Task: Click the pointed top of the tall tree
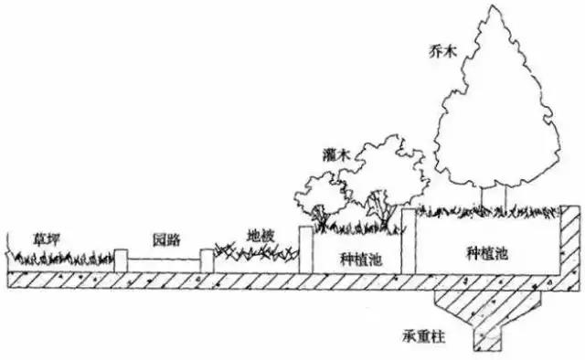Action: tap(493, 11)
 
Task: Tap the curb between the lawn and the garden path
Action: tap(121, 259)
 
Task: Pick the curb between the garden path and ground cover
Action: tap(207, 259)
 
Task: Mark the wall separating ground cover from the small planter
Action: tap(307, 249)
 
